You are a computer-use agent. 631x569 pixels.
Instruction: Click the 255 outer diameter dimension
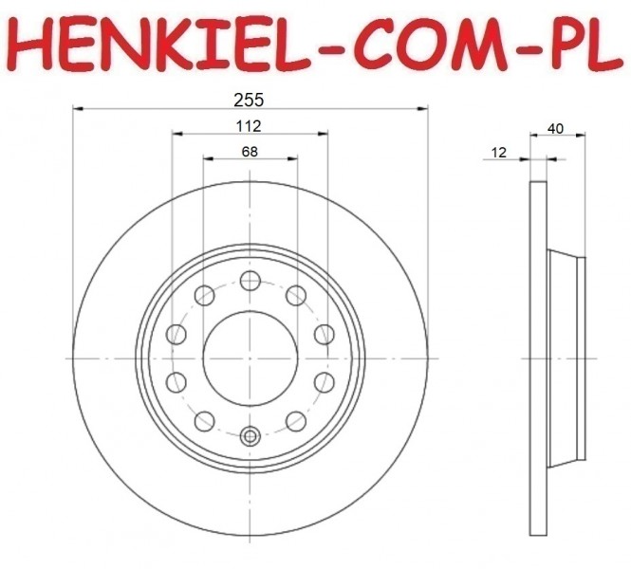249,100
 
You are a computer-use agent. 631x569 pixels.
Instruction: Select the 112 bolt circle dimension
249,126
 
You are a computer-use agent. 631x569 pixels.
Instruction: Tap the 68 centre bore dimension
250,152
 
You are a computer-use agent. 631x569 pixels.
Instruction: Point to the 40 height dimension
555,129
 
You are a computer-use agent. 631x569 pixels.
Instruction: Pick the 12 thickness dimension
499,153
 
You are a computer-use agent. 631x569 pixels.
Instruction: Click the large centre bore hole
251,358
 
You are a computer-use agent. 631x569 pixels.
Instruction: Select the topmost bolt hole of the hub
251,281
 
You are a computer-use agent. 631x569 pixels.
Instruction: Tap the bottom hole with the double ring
251,436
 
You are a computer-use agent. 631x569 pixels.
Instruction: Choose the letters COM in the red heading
430,44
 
